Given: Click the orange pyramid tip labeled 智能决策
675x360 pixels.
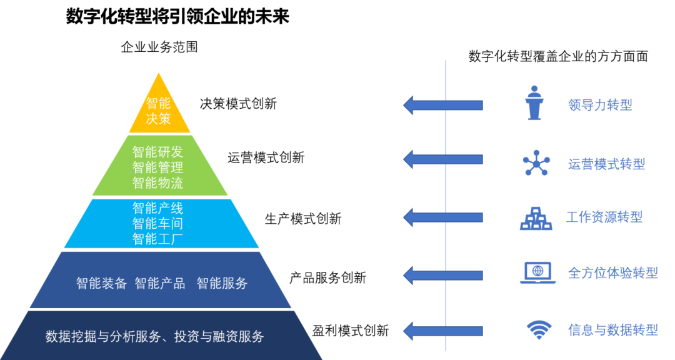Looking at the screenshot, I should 159,111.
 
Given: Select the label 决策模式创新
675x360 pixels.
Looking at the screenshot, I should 238,104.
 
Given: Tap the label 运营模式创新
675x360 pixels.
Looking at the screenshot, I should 266,157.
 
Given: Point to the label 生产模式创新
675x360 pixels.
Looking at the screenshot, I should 303,219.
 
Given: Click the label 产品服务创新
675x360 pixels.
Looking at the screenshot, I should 327,277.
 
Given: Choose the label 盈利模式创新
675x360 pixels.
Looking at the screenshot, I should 350,331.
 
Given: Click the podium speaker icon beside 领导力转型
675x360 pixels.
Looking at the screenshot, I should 534,104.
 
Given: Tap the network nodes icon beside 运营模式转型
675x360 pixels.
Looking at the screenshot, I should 536,163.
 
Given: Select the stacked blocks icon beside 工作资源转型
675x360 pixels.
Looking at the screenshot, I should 536,218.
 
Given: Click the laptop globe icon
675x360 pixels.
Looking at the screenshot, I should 537,273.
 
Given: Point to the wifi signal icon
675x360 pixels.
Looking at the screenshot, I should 538,329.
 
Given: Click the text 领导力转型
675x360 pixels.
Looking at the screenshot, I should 600,105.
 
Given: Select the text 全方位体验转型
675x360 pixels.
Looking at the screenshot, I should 612,273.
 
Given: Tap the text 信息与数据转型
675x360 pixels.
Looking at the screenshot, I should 612,329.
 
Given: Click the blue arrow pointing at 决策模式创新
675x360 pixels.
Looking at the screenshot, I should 442,104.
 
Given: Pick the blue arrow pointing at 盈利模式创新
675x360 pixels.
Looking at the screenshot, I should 442,329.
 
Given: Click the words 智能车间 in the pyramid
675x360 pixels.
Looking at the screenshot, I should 157,222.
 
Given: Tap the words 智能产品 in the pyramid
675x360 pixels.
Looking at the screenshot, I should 160,283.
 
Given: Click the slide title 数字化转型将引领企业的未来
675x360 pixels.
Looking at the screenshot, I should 177,17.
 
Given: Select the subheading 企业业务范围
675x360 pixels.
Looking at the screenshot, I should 159,47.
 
